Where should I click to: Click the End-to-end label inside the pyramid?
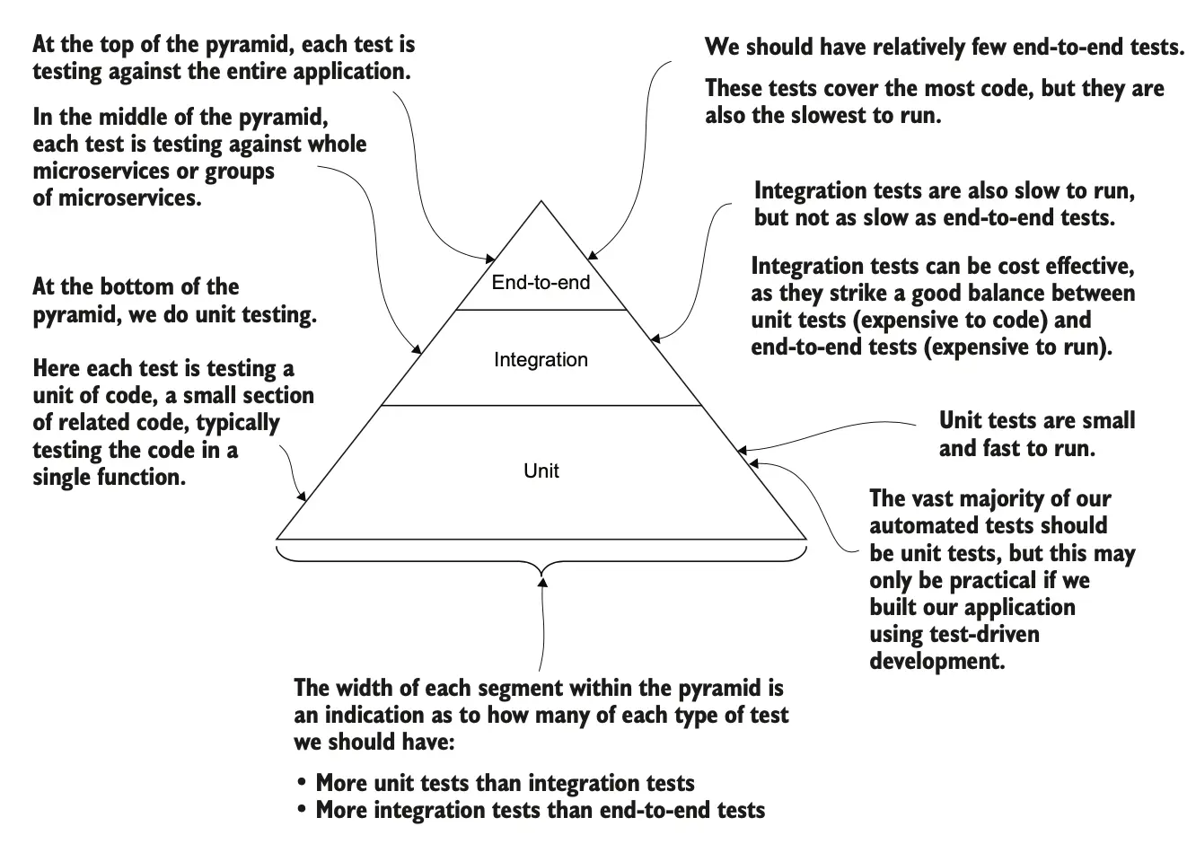click(541, 283)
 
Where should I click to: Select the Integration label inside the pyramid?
click(541, 360)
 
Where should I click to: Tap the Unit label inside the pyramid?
click(541, 470)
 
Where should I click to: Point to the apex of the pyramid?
click(541, 202)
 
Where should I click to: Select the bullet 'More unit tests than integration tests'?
click(505, 783)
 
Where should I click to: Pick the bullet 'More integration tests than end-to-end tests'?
click(540, 810)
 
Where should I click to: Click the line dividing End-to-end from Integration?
click(541, 310)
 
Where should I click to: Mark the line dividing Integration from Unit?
click(541, 406)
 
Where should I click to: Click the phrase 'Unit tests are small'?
click(1036, 420)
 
